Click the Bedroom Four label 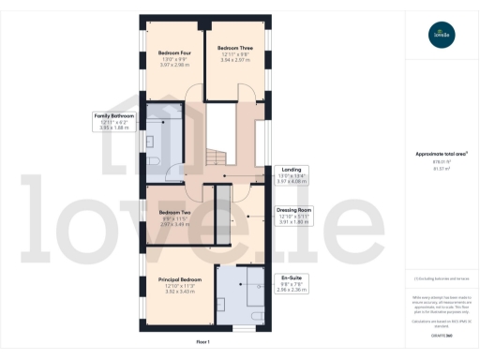(x=175, y=52)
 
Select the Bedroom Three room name (x=234, y=48)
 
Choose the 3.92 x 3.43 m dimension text (x=178, y=293)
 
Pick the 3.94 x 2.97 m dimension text (x=234, y=60)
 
